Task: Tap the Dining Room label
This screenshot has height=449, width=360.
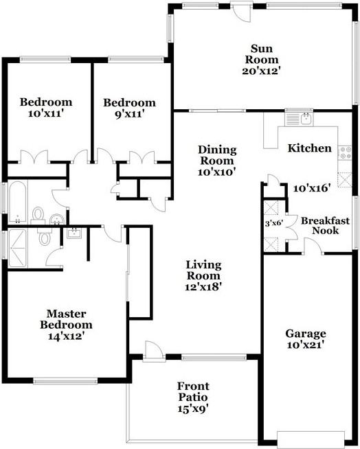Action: tap(216, 155)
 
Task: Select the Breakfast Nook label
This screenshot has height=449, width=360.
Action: tap(326, 226)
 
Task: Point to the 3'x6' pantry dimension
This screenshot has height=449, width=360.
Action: tap(275, 222)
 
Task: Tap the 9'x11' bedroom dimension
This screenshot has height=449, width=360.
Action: tap(129, 115)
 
